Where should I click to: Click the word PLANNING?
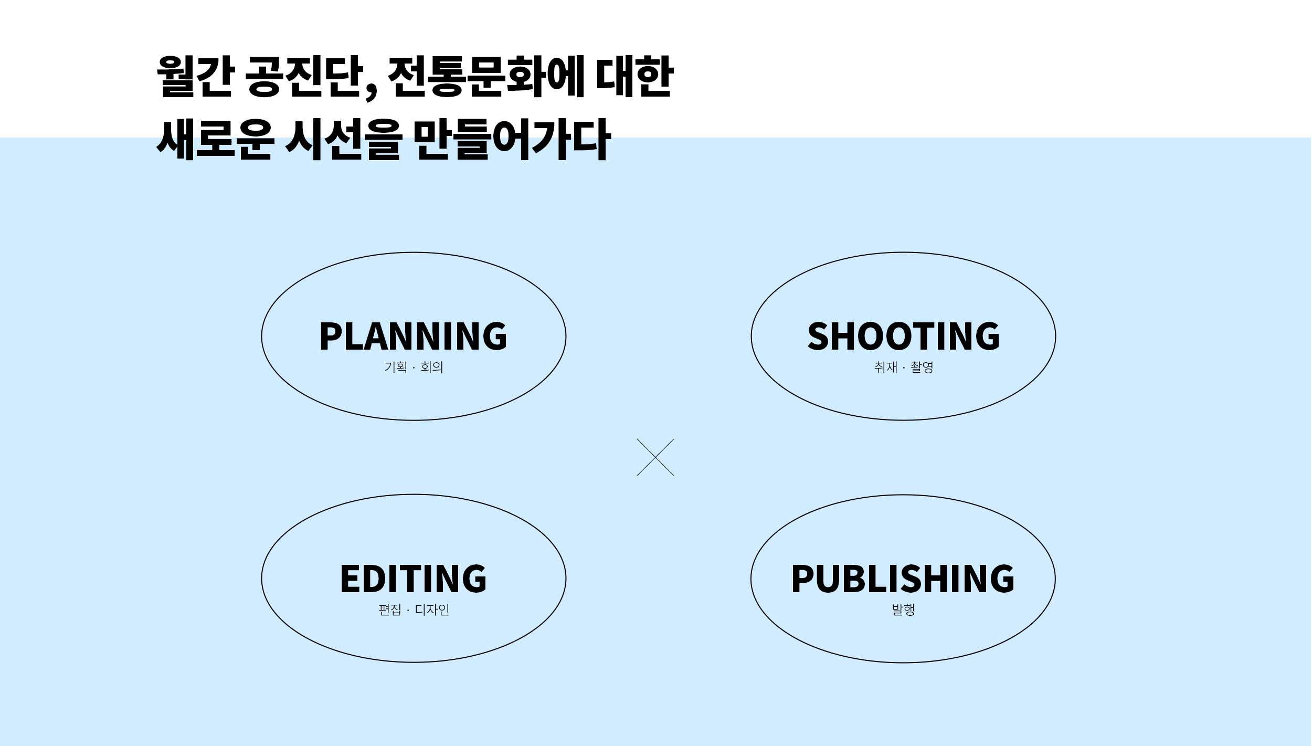414,336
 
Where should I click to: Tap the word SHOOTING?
903,336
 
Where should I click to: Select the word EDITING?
414,579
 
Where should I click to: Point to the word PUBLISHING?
903,579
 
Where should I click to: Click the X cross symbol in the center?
655,457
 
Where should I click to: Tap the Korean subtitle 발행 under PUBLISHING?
903,610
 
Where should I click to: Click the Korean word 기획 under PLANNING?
396,367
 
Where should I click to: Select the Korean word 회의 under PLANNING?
432,367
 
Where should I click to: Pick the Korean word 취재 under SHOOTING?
886,367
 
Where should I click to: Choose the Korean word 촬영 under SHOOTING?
922,367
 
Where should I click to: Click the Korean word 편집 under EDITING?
390,610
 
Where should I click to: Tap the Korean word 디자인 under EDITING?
432,610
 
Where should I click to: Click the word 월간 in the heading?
194,77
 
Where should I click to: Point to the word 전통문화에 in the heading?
485,77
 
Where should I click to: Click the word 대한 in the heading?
634,77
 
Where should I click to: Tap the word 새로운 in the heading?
215,139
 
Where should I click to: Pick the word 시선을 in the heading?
344,139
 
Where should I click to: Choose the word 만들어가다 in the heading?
512,139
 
